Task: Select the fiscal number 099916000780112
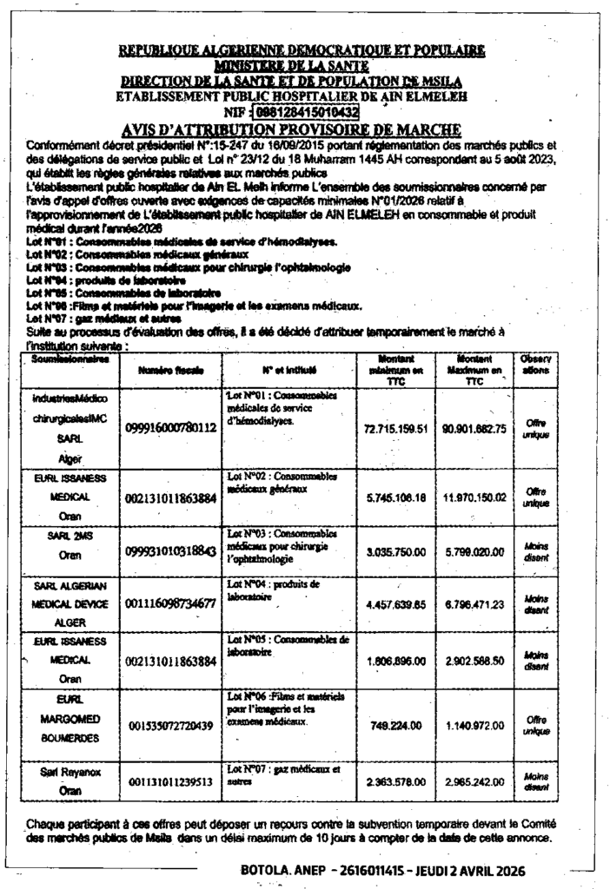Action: (x=171, y=428)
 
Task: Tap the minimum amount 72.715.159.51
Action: (x=396, y=428)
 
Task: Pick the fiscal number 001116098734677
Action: (x=171, y=604)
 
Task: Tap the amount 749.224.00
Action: (x=396, y=725)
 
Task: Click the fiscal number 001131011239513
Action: (x=171, y=782)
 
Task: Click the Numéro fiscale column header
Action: (x=171, y=370)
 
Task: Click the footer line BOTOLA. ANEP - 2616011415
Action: (x=382, y=870)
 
